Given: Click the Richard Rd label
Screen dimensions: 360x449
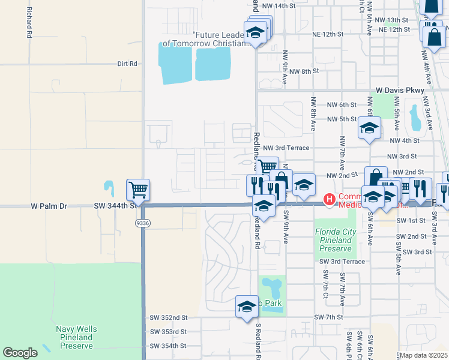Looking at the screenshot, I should click(x=28, y=23).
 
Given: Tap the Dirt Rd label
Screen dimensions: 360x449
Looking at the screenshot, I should click(x=127, y=64).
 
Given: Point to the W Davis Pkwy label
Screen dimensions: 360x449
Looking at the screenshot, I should click(x=400, y=90).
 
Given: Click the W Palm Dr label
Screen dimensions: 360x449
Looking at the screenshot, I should click(x=49, y=206).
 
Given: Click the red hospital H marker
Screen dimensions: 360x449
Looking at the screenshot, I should click(x=329, y=199).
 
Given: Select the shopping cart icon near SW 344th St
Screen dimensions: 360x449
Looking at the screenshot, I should click(x=138, y=190).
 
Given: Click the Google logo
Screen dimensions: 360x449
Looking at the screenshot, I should click(x=20, y=352).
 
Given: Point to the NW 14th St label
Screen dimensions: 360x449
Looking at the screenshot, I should click(x=279, y=5).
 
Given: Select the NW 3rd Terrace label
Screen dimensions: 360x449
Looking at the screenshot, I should click(x=286, y=148).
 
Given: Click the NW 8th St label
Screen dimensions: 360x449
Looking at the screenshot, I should click(x=303, y=71).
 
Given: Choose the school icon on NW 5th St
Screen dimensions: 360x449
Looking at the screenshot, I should click(x=369, y=127).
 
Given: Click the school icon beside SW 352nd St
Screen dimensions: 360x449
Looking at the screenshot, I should click(x=247, y=306).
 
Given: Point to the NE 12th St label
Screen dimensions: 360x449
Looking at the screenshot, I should click(x=394, y=29).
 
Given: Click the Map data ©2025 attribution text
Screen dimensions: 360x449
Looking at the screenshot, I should click(x=423, y=355).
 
